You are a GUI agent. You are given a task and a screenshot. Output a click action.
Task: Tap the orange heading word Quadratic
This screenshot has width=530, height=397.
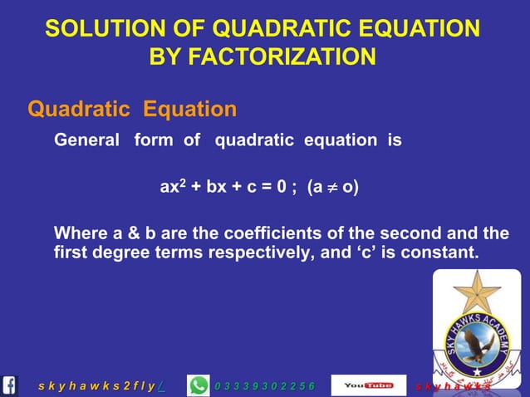coord(79,109)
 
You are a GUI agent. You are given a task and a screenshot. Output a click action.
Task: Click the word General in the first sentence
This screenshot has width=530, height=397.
coord(86,140)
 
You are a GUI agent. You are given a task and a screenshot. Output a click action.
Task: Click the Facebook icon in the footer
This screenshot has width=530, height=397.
coord(10,385)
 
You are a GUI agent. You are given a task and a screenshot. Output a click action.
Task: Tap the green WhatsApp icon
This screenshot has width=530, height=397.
coord(199,385)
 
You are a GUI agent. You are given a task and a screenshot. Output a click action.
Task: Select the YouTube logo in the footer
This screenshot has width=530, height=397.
coord(368,385)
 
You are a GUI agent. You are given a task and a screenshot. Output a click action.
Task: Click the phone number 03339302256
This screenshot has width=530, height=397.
coord(265,386)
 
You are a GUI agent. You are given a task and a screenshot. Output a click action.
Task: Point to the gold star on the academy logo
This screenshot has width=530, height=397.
coord(476,293)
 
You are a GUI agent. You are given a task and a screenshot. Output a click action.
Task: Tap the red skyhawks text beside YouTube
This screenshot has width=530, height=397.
coord(452,386)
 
